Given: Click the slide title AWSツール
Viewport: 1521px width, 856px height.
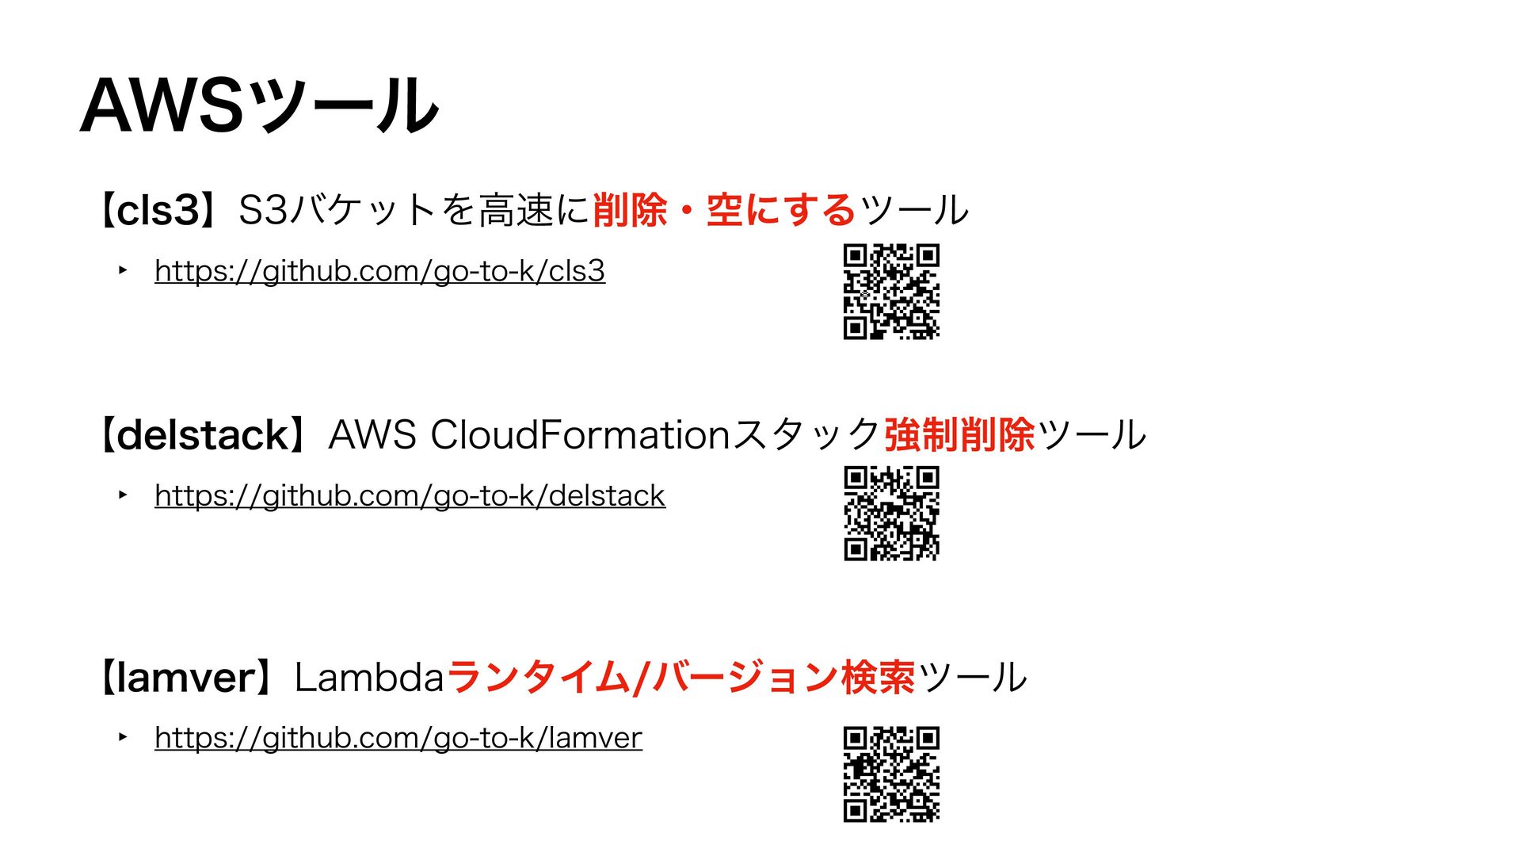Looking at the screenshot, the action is point(259,105).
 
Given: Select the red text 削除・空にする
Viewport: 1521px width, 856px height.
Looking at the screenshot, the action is point(723,211).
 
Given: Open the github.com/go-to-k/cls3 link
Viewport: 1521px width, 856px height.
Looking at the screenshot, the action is point(379,271).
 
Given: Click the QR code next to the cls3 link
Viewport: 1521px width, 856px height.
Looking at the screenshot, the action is point(891,292).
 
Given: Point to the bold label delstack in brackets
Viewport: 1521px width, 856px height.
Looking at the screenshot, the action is point(203,435).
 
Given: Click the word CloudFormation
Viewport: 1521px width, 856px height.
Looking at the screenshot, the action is point(579,435).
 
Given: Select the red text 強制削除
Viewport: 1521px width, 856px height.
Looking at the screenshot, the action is point(959,435).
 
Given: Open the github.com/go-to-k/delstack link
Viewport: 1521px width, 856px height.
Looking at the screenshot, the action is point(410,496).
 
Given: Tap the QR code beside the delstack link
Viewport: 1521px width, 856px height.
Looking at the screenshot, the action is point(891,514).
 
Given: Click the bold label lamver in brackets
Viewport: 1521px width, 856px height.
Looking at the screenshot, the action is point(187,678).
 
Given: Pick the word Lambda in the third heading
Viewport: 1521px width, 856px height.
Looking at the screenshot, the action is point(368,678).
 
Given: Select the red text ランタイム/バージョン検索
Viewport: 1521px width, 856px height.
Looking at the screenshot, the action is point(681,678).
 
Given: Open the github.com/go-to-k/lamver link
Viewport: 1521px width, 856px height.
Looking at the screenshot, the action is point(398,738).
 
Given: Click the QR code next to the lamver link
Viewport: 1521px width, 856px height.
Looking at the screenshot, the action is point(891,774).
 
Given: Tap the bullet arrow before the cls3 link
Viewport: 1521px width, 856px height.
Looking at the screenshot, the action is point(123,270).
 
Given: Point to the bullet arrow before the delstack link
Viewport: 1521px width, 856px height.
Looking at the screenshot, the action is point(123,495).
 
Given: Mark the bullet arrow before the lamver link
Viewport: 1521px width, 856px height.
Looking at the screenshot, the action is point(123,737).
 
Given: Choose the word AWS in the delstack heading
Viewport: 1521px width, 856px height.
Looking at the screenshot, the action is point(372,435).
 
